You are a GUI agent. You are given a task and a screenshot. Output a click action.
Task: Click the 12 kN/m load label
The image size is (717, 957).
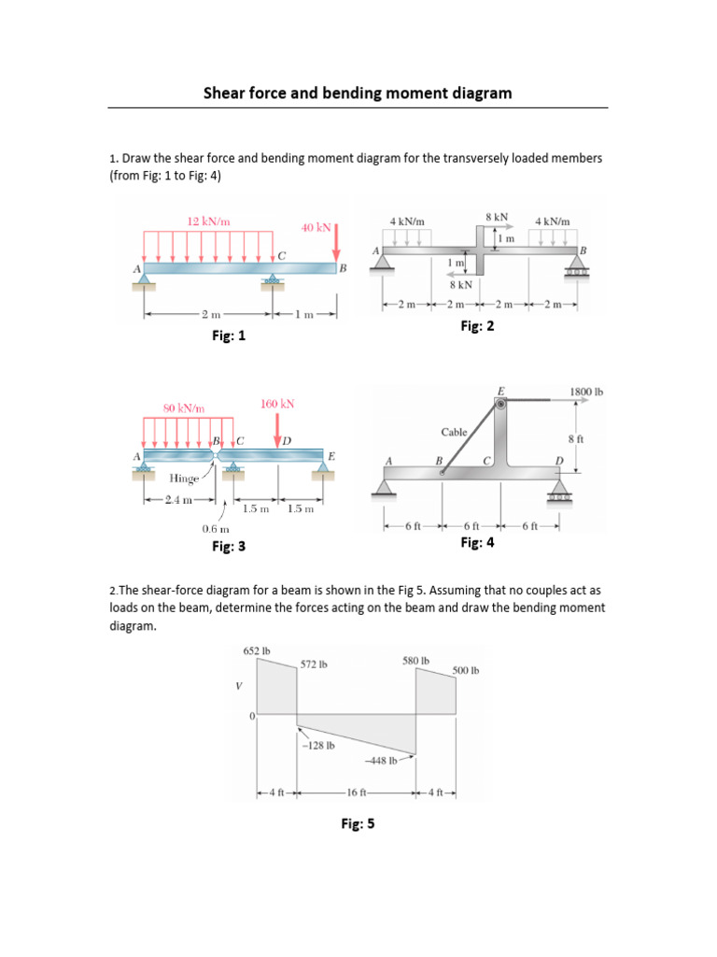[208, 221]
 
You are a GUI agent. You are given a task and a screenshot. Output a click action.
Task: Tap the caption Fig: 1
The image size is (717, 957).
[229, 336]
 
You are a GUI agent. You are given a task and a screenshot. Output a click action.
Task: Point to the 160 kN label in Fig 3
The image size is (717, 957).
[277, 404]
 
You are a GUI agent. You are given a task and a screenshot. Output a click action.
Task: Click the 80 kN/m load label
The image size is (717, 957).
[184, 407]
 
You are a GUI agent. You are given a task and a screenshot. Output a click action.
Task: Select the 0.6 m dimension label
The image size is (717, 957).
[216, 529]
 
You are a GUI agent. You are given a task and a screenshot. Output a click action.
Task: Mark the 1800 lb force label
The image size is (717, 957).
[585, 392]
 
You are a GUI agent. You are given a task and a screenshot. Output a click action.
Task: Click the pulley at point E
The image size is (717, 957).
[501, 403]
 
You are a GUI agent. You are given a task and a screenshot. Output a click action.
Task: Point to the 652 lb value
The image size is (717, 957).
[257, 650]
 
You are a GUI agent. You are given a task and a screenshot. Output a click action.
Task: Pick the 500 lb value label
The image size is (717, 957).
[465, 670]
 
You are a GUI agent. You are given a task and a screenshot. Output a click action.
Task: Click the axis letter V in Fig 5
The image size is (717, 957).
[238, 685]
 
